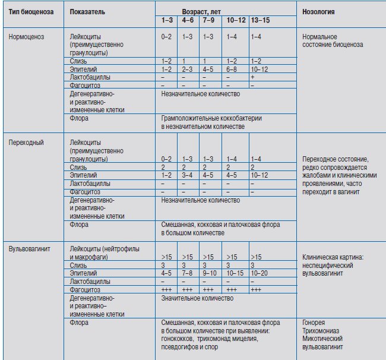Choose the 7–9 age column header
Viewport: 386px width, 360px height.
click(208, 20)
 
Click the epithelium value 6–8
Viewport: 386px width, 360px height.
click(232, 70)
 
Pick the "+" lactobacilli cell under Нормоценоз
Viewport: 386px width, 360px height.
click(253, 77)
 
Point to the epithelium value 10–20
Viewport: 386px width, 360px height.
click(259, 273)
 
